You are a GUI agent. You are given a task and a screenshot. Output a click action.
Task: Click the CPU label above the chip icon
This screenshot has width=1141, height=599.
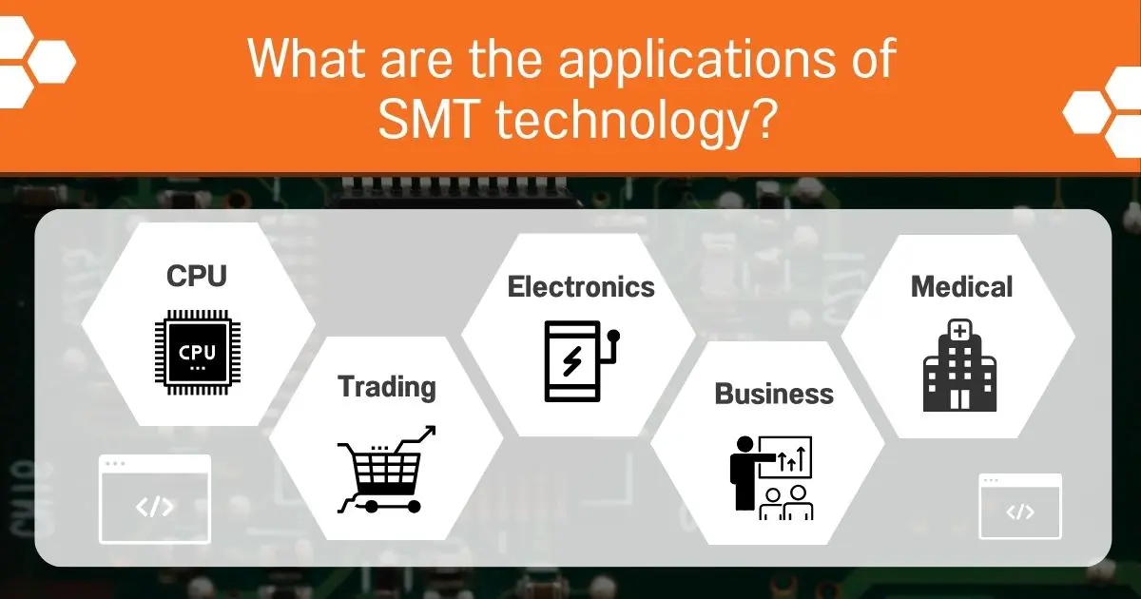197,276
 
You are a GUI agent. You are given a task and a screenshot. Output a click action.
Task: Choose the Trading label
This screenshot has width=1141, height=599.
387,386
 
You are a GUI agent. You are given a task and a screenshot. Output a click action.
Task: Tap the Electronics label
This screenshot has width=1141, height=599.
581,286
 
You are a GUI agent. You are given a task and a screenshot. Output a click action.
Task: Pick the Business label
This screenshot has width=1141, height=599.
774,394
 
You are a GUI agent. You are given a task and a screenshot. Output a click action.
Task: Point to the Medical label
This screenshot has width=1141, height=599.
961,285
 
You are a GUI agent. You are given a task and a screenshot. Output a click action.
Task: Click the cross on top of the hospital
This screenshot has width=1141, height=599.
960,331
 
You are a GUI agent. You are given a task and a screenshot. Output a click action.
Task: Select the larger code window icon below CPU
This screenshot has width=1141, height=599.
155,499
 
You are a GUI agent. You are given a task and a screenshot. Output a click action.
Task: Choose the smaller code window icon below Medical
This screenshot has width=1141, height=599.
1020,506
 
